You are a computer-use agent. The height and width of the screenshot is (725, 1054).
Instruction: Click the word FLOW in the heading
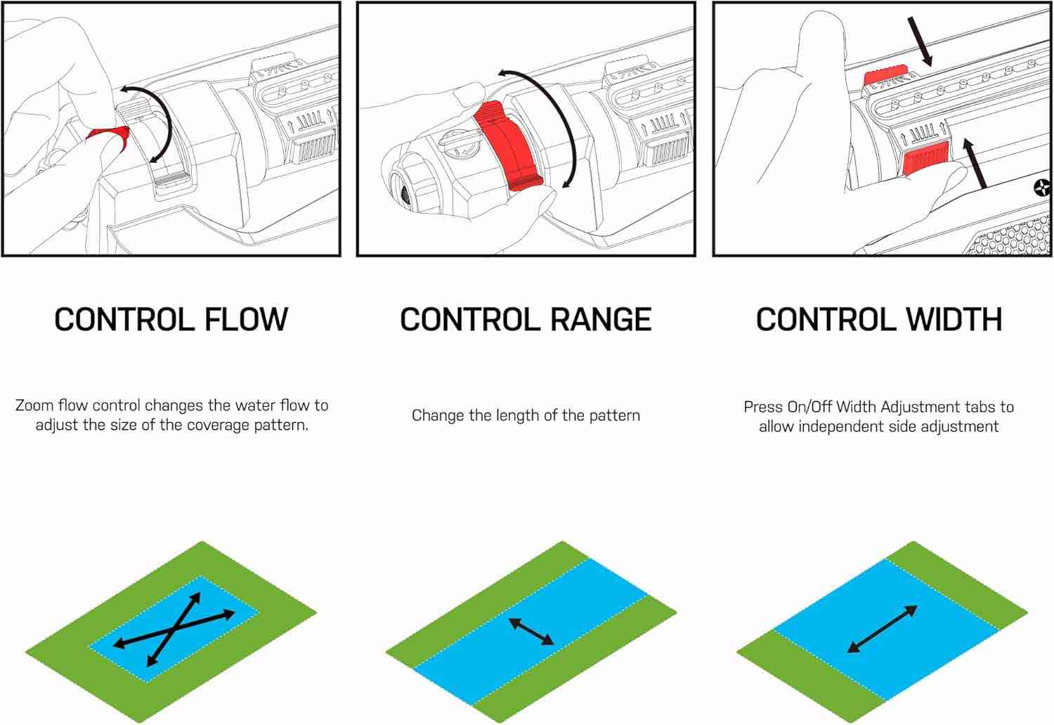[246, 320]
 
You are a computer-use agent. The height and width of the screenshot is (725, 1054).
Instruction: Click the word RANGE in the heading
[601, 320]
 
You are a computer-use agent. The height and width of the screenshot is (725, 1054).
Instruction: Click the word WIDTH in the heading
[954, 320]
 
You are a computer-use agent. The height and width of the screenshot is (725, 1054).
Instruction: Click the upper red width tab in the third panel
[885, 74]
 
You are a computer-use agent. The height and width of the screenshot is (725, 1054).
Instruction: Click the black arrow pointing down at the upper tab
[920, 41]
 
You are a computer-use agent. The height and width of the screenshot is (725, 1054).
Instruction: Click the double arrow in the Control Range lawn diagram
[531, 632]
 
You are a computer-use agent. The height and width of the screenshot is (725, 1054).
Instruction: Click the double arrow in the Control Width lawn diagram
[883, 629]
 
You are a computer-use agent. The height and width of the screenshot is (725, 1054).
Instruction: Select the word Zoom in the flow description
[34, 405]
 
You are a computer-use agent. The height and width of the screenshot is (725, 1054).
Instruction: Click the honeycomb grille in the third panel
[1012, 237]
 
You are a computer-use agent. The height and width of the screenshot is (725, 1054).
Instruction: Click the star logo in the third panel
[1043, 188]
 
